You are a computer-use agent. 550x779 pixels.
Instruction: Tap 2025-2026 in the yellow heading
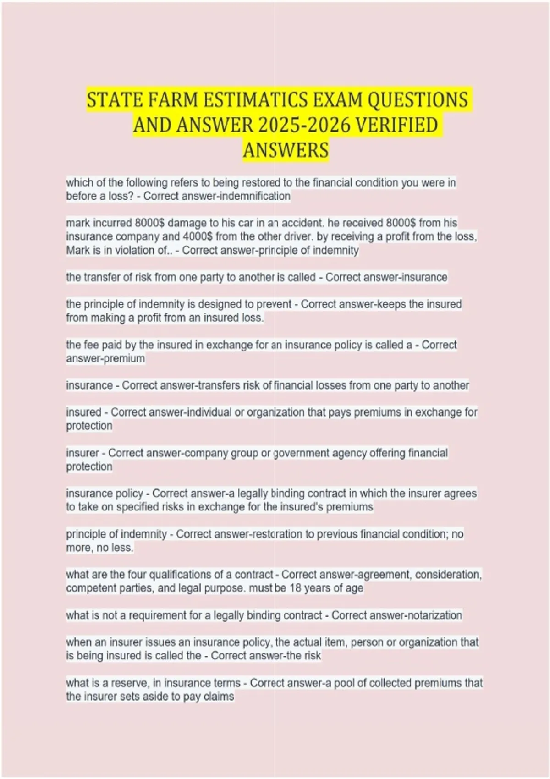303,125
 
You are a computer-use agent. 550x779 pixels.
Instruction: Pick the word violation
125,250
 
